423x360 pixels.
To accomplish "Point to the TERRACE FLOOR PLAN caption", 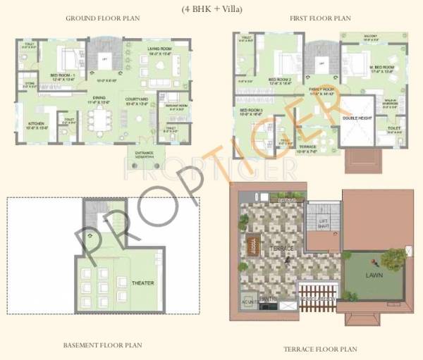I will click(x=320, y=349).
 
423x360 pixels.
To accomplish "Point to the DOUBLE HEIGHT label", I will click(x=355, y=118).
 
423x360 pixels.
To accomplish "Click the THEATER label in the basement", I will click(x=142, y=283).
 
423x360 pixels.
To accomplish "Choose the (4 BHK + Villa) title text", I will click(x=211, y=8).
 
